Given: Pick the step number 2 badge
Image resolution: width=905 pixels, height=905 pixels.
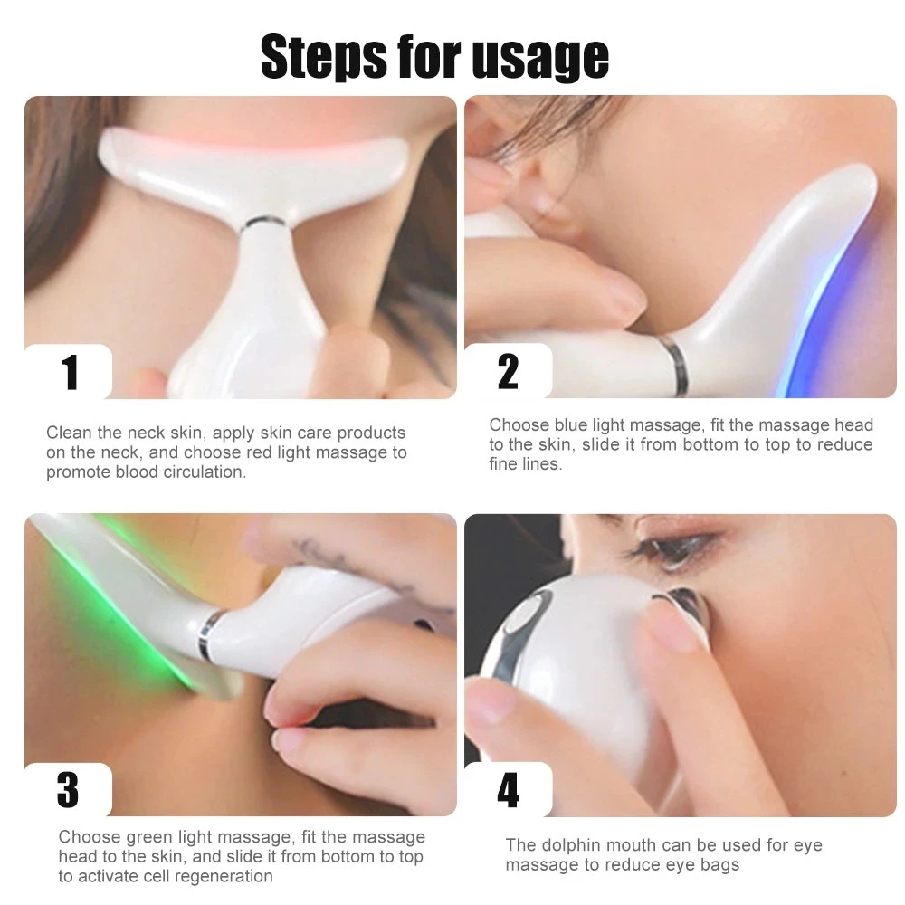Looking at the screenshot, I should (x=509, y=372).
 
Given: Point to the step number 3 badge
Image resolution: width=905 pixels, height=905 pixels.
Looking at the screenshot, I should (x=68, y=790).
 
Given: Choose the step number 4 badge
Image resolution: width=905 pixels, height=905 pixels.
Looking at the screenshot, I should (x=509, y=790).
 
